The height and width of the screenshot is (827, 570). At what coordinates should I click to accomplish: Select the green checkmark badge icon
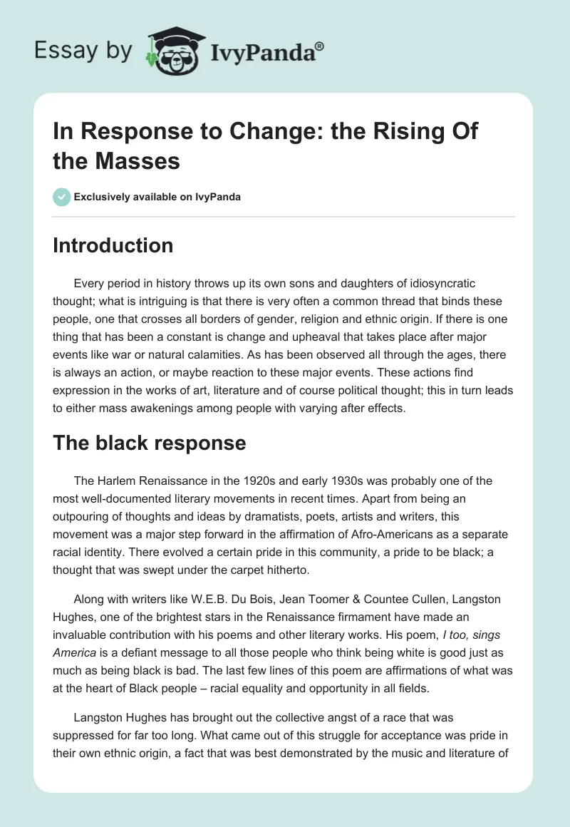[61, 197]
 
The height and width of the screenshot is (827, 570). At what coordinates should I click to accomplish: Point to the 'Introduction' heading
[113, 245]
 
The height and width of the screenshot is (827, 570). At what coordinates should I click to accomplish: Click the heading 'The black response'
[149, 443]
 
